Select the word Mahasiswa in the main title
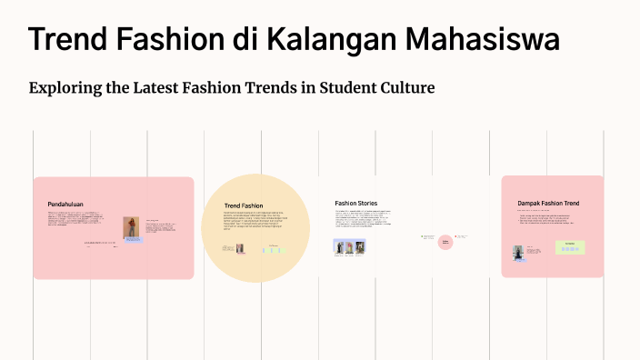coord(482,40)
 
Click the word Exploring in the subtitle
coord(66,88)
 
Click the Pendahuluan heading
coord(65,205)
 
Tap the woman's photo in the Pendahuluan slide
coord(132,228)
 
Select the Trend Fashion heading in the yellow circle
coord(244,206)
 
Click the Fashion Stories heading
coord(355,203)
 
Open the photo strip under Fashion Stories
coord(350,246)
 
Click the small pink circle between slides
coord(445,242)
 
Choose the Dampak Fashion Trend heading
coord(548,203)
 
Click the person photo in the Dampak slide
coord(519,254)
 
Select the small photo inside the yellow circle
coord(240,248)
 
